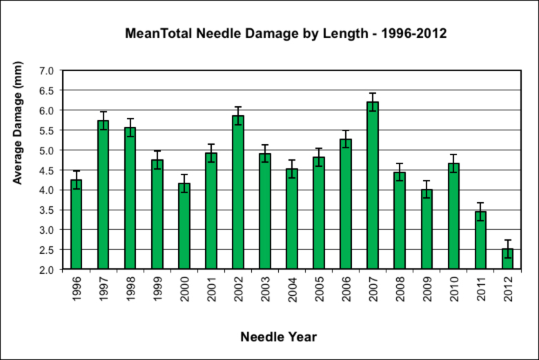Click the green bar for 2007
[373, 186]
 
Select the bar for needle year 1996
[77, 224]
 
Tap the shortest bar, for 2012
[507, 259]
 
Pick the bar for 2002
[238, 192]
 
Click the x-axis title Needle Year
[279, 337]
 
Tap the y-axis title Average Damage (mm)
[18, 123]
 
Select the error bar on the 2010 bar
[453, 163]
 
